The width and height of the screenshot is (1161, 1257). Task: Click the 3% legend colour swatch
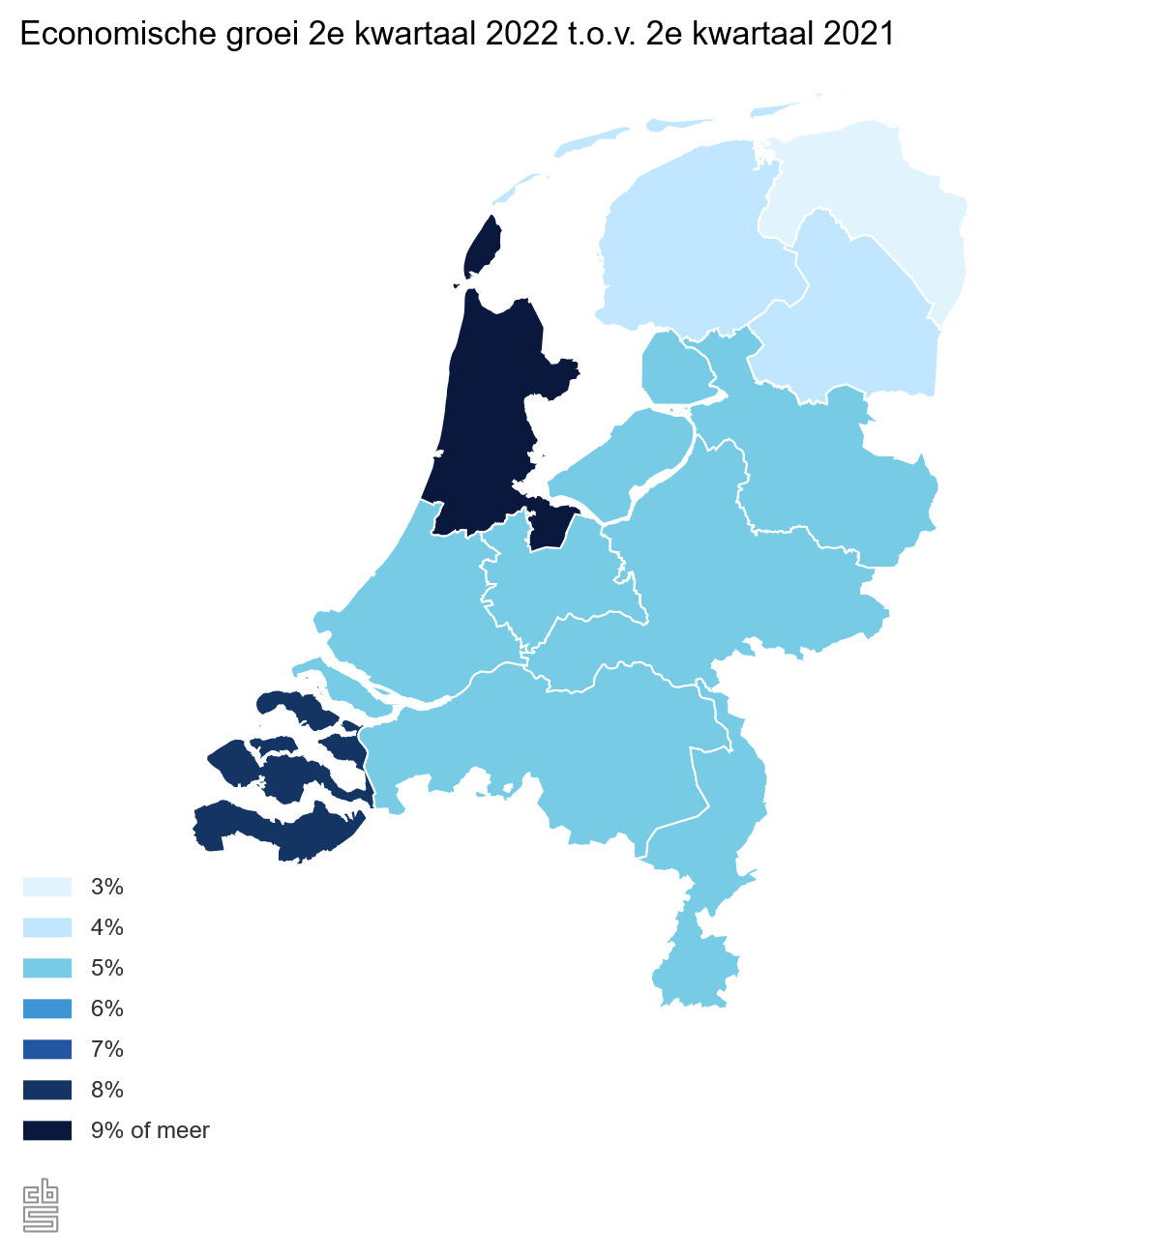(46, 887)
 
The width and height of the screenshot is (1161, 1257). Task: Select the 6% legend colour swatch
(46, 1009)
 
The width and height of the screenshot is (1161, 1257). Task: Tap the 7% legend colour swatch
(46, 1049)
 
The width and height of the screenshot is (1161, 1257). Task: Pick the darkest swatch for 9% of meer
(46, 1130)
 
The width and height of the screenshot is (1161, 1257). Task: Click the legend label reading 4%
(106, 927)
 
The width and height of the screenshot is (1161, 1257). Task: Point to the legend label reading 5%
(106, 968)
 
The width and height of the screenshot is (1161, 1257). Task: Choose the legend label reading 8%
(106, 1090)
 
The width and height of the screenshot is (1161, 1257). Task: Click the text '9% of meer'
(150, 1130)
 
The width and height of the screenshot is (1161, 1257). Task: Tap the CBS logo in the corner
(41, 1206)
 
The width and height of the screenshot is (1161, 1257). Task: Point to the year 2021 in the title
(858, 35)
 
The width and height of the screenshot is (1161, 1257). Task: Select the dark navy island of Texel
(482, 249)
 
